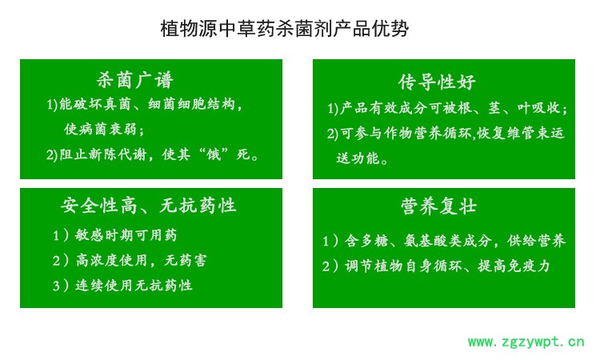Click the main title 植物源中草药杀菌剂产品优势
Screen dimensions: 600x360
(x=285, y=28)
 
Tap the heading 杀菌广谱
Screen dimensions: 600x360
(x=134, y=80)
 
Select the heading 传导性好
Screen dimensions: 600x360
(x=437, y=82)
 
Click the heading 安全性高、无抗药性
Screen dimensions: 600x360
(x=148, y=206)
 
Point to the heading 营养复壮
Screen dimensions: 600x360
(x=438, y=206)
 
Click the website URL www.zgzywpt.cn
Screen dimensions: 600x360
(x=526, y=342)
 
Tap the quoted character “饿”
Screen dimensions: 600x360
(x=213, y=154)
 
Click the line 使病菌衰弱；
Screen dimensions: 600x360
(x=104, y=130)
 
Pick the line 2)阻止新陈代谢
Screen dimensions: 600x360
(x=152, y=154)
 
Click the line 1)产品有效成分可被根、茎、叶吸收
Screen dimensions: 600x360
(x=447, y=108)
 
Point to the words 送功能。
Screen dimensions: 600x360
(x=362, y=158)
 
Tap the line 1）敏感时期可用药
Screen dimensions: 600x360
(x=114, y=235)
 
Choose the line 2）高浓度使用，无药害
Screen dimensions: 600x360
(x=130, y=260)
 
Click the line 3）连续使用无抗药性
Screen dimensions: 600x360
(x=122, y=286)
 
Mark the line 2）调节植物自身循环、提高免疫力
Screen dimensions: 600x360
(x=436, y=266)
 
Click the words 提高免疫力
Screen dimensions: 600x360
(x=514, y=266)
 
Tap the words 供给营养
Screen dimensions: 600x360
(x=537, y=241)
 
